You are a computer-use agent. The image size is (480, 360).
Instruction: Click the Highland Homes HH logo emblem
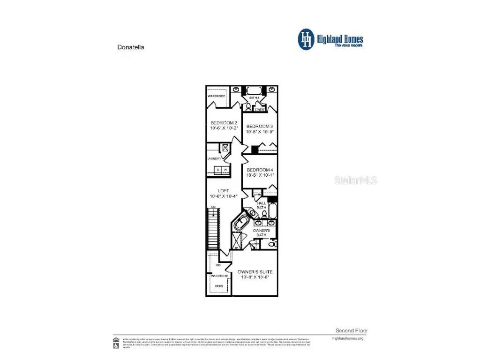307,39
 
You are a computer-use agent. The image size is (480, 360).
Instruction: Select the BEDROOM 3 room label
259,126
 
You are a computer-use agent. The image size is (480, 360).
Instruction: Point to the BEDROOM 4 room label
259,170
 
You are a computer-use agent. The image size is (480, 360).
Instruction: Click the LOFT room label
224,191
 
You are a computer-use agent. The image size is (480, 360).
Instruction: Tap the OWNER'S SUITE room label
255,272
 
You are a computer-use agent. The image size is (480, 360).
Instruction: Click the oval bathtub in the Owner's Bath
242,223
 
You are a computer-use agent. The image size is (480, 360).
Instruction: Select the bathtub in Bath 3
255,90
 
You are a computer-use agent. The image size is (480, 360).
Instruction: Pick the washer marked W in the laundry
225,169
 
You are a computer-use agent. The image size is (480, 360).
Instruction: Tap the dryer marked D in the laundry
218,169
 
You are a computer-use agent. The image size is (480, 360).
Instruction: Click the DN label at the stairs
213,207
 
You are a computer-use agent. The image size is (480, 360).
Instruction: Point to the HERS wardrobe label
218,285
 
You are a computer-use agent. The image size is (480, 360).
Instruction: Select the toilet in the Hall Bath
264,214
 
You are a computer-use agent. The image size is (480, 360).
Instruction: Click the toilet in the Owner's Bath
274,244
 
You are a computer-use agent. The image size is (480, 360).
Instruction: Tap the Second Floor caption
349,330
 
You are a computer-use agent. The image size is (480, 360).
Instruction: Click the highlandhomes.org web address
347,338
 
